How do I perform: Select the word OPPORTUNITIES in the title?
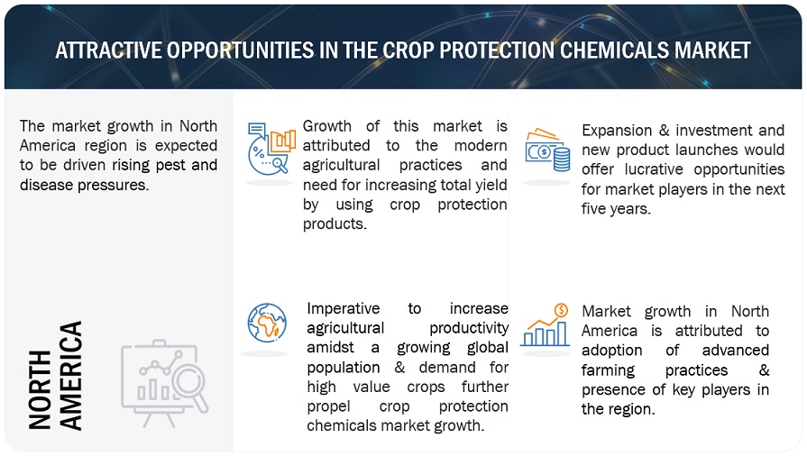(x=240, y=50)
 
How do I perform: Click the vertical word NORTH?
(x=40, y=389)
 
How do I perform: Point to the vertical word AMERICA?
(x=70, y=375)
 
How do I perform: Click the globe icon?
(x=267, y=323)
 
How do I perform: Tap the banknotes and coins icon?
(x=547, y=150)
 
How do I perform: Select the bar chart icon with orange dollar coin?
(x=545, y=324)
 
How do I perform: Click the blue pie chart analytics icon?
(x=271, y=149)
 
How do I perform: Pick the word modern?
(x=481, y=146)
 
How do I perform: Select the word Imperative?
(x=344, y=309)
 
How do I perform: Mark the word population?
(x=344, y=368)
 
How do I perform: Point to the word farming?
(x=608, y=370)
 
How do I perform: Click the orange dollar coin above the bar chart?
(x=561, y=310)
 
